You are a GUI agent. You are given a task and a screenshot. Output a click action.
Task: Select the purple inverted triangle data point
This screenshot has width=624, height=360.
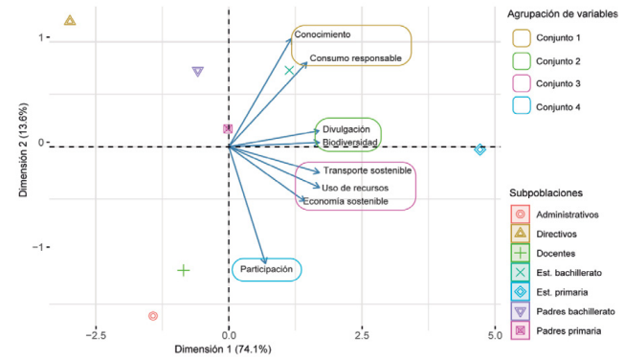point(198,70)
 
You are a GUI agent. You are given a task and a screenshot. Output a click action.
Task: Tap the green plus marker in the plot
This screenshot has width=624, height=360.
point(184,270)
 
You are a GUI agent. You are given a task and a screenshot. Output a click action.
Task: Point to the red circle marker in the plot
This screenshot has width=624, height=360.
point(153,316)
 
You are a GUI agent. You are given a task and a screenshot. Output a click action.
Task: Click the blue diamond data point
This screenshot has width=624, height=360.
point(479,149)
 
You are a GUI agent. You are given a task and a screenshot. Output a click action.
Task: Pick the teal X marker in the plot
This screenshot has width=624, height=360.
point(289,71)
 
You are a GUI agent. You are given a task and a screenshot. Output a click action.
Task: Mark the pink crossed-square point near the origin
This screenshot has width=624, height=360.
point(228,128)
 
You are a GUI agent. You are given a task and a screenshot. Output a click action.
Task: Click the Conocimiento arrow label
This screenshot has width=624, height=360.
point(323,34)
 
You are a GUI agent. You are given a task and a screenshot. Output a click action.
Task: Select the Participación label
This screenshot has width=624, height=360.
point(266,269)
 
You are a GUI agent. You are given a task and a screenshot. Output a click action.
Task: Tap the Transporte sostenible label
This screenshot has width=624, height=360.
point(368,170)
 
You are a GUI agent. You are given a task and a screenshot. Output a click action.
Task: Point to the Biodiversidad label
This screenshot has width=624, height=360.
point(350,142)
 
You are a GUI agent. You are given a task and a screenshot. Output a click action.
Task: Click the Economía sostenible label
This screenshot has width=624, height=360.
point(345,201)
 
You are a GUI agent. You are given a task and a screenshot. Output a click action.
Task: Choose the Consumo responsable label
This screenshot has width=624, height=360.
point(355,58)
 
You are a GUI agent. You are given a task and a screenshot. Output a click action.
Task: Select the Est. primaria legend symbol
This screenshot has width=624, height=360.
point(520,292)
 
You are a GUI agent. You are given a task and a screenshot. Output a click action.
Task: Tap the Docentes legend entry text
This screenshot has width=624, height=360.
point(555,254)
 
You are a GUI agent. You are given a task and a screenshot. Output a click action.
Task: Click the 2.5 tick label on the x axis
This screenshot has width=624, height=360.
point(362,335)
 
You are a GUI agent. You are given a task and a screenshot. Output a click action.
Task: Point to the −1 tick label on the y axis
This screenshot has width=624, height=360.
point(38,247)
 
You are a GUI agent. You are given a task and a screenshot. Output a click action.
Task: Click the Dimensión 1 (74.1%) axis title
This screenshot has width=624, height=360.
point(223,349)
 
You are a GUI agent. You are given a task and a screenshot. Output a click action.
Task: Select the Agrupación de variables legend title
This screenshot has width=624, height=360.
point(563,14)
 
